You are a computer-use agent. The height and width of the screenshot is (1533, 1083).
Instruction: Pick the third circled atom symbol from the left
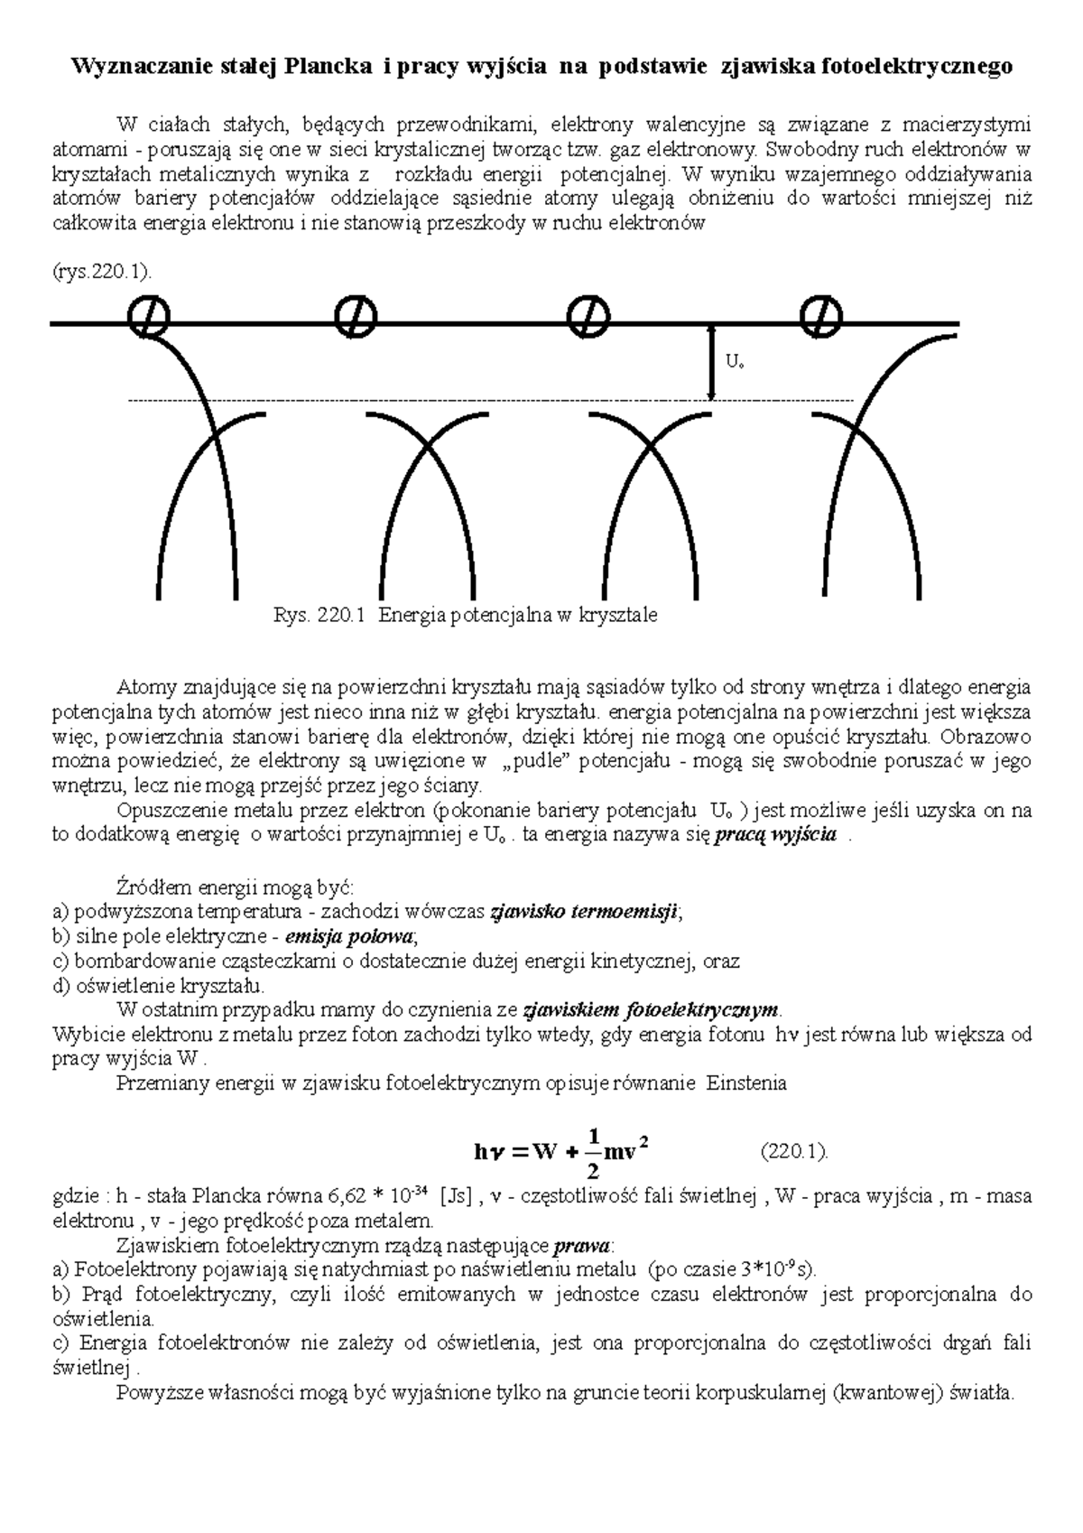(x=589, y=315)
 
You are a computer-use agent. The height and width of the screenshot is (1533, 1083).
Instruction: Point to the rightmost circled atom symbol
(x=820, y=315)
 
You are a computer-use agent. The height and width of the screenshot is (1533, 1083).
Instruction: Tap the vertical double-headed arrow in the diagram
(x=712, y=363)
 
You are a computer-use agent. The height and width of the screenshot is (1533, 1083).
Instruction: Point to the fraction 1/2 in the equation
(x=592, y=1152)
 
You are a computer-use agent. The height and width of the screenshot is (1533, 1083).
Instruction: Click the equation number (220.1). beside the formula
(x=794, y=1152)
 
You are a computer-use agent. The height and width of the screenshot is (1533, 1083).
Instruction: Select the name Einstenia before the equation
(x=747, y=1082)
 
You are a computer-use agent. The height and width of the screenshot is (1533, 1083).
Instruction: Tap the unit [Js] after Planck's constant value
(x=454, y=1198)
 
